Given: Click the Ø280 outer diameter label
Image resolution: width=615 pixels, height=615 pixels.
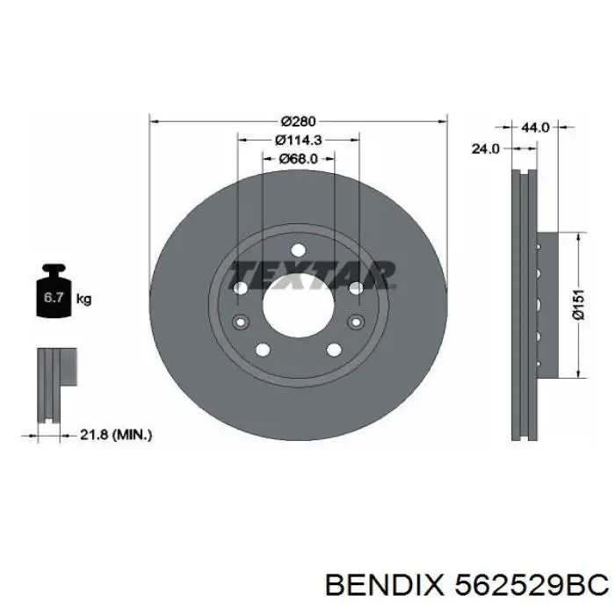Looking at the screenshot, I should [298, 120].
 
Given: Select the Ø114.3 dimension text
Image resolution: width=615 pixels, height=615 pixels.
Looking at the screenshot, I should [298, 140].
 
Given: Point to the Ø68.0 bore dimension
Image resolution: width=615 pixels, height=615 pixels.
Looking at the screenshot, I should [298, 159].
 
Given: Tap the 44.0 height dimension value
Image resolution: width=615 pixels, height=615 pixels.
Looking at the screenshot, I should [535, 127].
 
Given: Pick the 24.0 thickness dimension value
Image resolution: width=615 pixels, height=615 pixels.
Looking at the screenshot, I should [485, 149].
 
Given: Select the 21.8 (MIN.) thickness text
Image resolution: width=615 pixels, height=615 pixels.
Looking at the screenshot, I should [114, 434].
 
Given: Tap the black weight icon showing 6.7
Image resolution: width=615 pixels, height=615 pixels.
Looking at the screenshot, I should [53, 296].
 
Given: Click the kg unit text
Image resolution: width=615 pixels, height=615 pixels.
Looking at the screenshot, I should [84, 300].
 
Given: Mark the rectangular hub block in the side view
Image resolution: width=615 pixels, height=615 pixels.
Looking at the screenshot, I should [546, 306].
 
